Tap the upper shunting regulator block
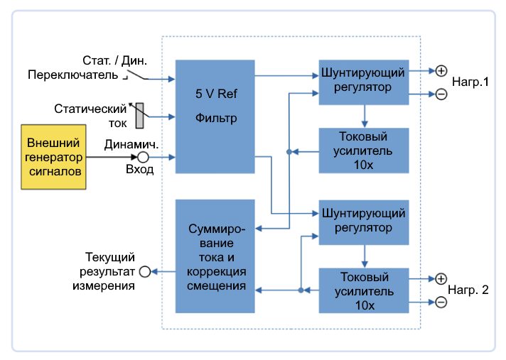pyautogui.click(x=363, y=80)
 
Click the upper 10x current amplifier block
pyautogui.click(x=363, y=151)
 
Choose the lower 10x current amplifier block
pyautogui.click(x=363, y=290)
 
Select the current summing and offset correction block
pyautogui.click(x=215, y=256)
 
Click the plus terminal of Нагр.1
pyautogui.click(x=441, y=71)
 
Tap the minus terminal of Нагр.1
pyautogui.click(x=441, y=94)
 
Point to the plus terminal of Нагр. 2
pyautogui.click(x=441, y=279)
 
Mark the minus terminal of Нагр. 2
pyautogui.click(x=441, y=302)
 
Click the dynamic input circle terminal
pyautogui.click(x=143, y=157)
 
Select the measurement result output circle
pyautogui.click(x=145, y=271)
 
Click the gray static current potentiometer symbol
pyautogui.click(x=139, y=116)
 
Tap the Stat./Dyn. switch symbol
pyautogui.click(x=135, y=75)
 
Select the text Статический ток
pyautogui.click(x=90, y=116)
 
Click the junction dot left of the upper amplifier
pyautogui.click(x=289, y=151)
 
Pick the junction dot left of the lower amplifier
pyautogui.click(x=301, y=290)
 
